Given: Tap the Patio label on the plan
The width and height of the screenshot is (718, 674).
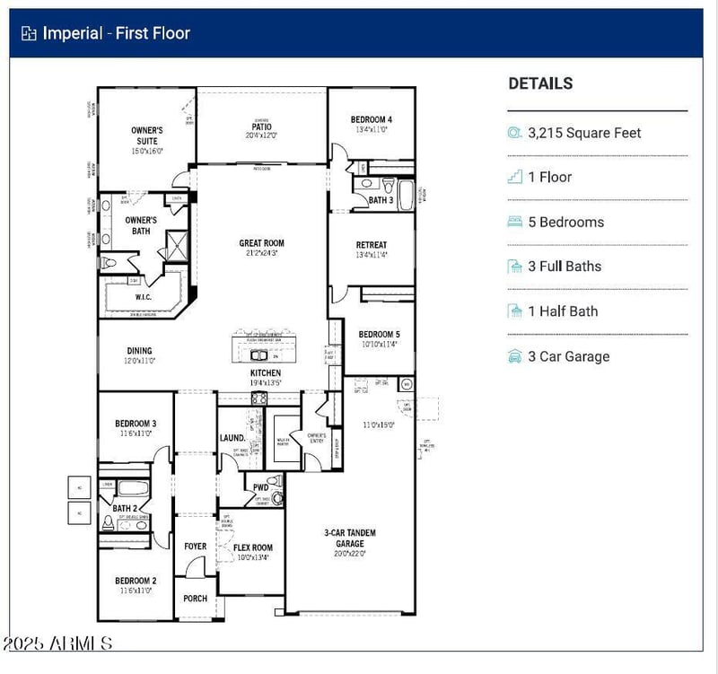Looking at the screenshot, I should pos(261,127).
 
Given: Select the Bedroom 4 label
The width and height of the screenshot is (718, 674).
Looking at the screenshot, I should pos(371,119).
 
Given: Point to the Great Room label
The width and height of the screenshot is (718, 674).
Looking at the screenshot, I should pos(261,243).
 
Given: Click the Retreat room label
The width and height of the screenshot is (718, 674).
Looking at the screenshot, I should pos(371,245).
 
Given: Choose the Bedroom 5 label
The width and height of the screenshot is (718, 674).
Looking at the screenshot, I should pos(380,334).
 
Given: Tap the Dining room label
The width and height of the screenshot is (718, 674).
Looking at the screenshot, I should pos(139,351).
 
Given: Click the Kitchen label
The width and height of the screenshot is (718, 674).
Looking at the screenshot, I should pos(266,372).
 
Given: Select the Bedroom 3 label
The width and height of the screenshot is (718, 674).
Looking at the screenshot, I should pos(136,424).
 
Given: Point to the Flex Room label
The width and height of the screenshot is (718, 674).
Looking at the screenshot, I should pos(253,547).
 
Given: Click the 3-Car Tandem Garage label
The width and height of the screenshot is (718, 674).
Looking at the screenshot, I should pos(350,538).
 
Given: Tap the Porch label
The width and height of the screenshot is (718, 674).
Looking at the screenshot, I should pos(195,598).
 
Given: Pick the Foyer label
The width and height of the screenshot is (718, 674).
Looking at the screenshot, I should pos(195,546).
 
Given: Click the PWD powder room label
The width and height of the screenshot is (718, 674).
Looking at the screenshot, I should pos(260,487).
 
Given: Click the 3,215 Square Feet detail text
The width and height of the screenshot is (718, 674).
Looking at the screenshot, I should pos(584,133).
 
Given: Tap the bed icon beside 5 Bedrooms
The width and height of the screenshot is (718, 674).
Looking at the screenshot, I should pos(514,222).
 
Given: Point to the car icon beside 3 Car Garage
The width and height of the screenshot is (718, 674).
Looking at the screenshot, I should pos(514,356).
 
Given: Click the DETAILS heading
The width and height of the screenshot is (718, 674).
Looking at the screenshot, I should pos(540,83).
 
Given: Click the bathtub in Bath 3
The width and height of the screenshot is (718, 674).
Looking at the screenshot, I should pos(405,195).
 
